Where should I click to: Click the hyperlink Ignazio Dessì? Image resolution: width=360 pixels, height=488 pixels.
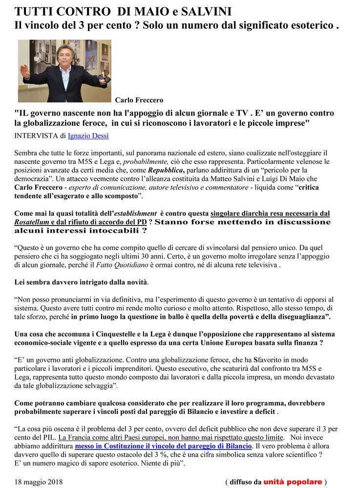tap(88, 135)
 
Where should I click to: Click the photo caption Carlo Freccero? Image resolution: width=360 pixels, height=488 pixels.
tap(139, 101)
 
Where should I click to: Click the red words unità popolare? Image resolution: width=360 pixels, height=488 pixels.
tap(293, 482)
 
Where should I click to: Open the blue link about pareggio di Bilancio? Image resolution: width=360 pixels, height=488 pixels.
tap(163, 446)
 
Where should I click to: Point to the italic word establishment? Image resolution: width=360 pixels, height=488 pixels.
tap(137, 213)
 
